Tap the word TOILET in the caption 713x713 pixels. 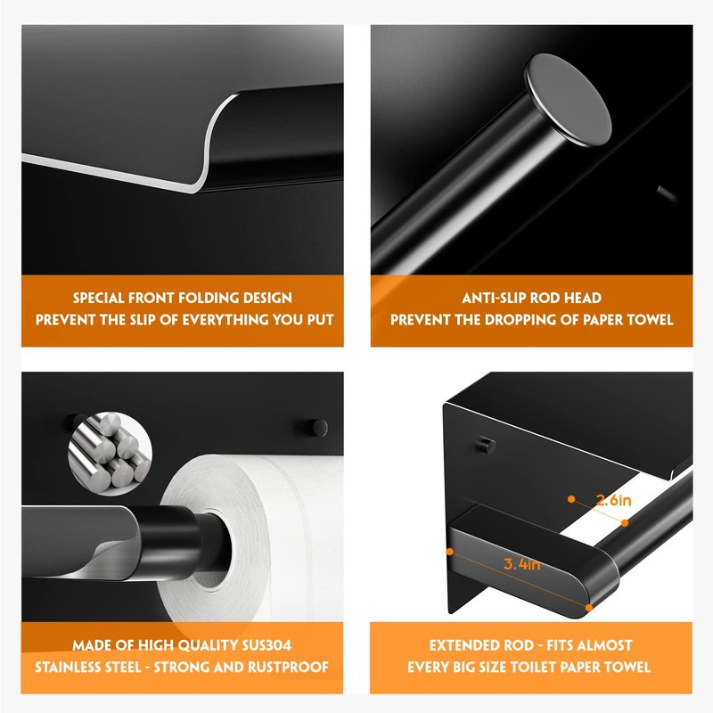click(x=536, y=667)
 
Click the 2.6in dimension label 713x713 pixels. click(x=613, y=500)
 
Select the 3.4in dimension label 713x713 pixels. click(x=522, y=564)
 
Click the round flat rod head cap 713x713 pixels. click(x=568, y=100)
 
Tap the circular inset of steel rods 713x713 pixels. click(x=110, y=453)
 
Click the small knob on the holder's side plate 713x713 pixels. click(x=487, y=445)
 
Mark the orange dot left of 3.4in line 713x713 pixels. click(x=450, y=552)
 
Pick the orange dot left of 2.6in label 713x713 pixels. click(x=571, y=499)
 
